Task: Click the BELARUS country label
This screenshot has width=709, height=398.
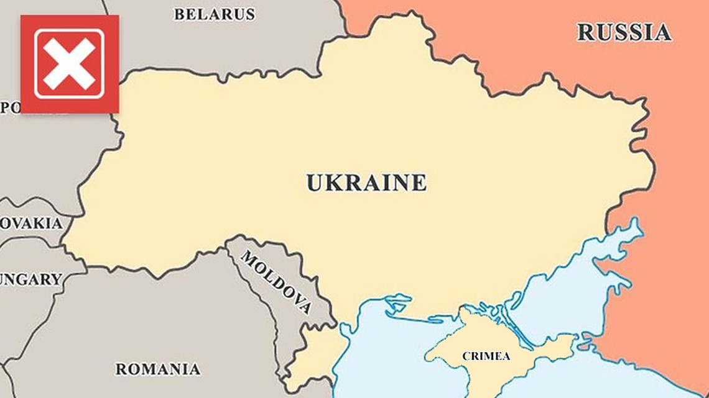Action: pyautogui.click(x=214, y=14)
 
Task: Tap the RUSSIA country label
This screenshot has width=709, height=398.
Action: pyautogui.click(x=624, y=32)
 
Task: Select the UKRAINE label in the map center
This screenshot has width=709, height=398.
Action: pyautogui.click(x=366, y=183)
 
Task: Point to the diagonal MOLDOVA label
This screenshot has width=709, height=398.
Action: pyautogui.click(x=276, y=283)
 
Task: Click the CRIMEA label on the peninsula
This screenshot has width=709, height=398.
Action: pyautogui.click(x=486, y=356)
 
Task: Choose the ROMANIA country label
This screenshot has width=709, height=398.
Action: pyautogui.click(x=158, y=369)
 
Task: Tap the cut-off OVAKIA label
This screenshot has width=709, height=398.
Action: pyautogui.click(x=31, y=224)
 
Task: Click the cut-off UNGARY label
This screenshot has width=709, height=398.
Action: pyautogui.click(x=31, y=279)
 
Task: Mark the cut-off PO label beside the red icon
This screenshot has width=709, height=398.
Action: pyautogui.click(x=10, y=107)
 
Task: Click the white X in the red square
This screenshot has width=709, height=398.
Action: pyautogui.click(x=69, y=64)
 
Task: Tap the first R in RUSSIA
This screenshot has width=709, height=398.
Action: pyautogui.click(x=586, y=32)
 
